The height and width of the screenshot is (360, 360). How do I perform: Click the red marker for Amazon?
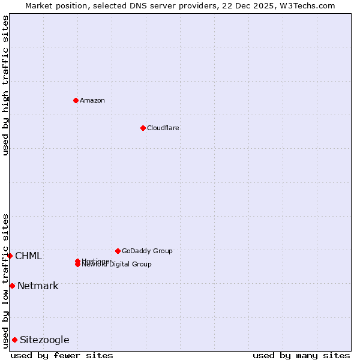[x=76, y=100]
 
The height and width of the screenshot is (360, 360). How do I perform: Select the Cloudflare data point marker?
[x=143, y=128]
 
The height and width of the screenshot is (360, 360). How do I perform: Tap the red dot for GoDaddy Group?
[x=118, y=251]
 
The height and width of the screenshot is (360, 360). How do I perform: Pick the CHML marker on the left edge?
[x=10, y=256]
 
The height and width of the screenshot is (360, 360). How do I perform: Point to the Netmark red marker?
[x=12, y=286]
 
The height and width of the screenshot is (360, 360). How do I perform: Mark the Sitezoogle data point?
[x=14, y=340]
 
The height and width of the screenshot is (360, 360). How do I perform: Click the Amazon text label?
[x=92, y=100]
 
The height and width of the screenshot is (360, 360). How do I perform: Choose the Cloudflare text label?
[x=163, y=128]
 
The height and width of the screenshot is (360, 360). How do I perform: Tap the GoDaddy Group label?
[x=147, y=251]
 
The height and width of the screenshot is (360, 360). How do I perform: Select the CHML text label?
[x=28, y=256]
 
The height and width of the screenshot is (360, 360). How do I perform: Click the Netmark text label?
[x=38, y=286]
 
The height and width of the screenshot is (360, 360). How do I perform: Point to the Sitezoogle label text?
[x=44, y=340]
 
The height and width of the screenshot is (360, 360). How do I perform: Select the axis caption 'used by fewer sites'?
[x=62, y=355]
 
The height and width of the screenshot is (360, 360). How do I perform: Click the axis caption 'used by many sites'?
[x=301, y=355]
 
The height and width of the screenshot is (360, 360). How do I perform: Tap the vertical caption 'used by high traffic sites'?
[x=5, y=85]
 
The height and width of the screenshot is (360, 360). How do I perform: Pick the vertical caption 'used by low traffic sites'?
[x=5, y=280]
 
